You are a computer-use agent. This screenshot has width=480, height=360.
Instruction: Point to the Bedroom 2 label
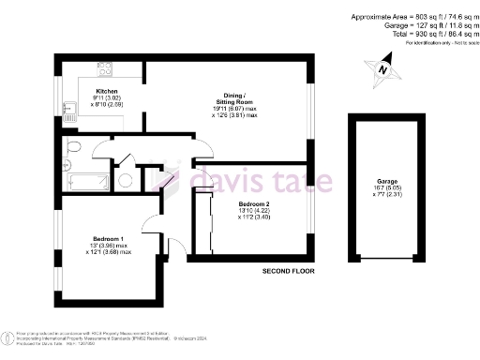click(254, 204)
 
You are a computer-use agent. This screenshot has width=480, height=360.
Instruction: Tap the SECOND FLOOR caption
click(288, 270)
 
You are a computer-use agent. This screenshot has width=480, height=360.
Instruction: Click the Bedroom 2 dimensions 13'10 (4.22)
click(254, 212)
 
